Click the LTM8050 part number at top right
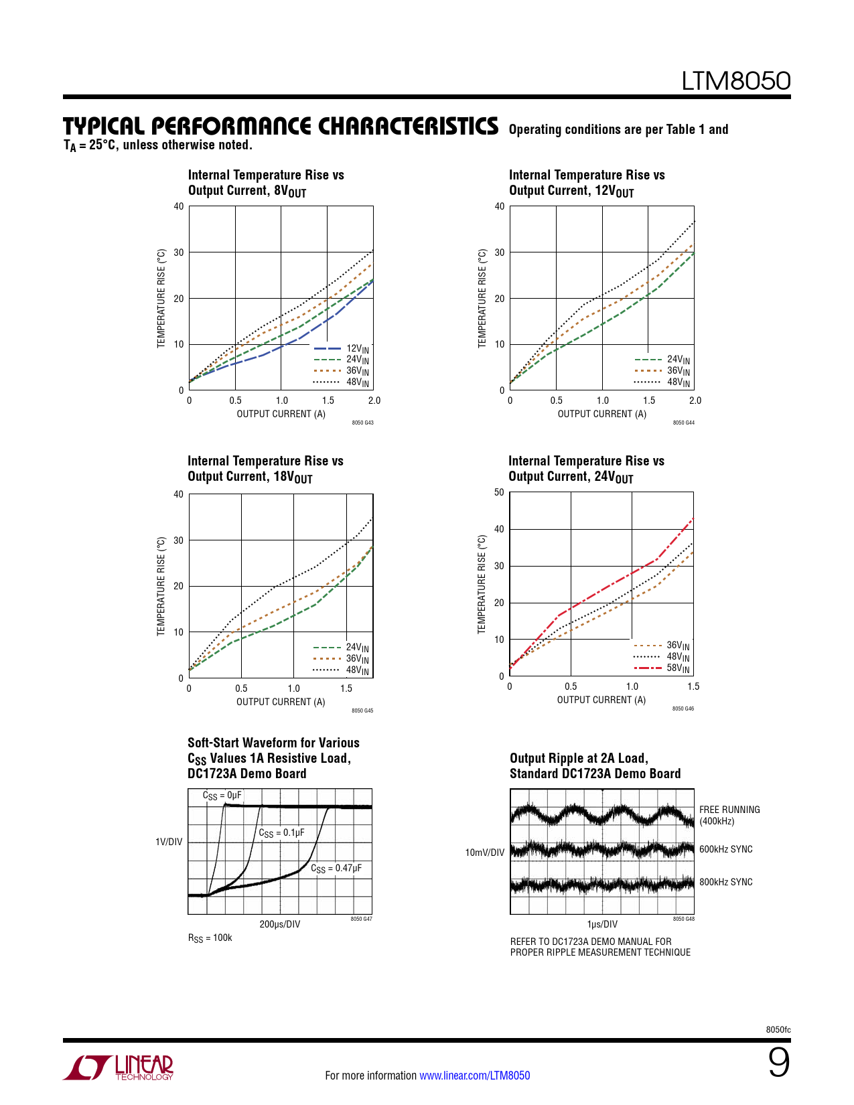(735, 81)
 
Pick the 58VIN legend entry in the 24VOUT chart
(678, 668)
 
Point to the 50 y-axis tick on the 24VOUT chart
(499, 492)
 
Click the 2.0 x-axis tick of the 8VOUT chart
(374, 400)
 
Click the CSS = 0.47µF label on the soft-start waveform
(336, 869)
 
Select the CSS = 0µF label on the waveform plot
(222, 796)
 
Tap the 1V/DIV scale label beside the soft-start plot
(169, 842)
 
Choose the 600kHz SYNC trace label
(725, 849)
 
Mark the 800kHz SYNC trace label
(725, 882)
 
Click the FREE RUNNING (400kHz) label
(729, 815)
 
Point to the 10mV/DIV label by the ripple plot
(484, 853)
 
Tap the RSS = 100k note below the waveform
(210, 938)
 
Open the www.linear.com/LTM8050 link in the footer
(474, 1076)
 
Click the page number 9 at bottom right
(778, 1063)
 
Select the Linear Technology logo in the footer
(119, 1067)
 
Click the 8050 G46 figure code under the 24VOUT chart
(683, 709)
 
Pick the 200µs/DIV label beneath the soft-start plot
(279, 924)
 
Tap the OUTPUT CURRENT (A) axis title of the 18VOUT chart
(281, 702)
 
